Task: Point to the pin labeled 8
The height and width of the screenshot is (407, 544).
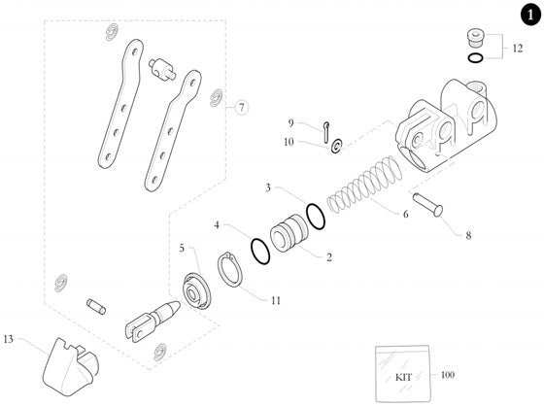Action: point(428,205)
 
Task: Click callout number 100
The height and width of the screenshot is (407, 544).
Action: point(448,374)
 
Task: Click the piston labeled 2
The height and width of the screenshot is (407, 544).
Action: point(288,238)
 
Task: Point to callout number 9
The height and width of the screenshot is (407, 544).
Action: point(289,122)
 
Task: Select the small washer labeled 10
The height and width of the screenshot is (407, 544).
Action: point(335,146)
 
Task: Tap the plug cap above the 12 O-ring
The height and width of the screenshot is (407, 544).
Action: point(473,39)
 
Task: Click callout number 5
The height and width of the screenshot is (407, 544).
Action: point(181,249)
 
